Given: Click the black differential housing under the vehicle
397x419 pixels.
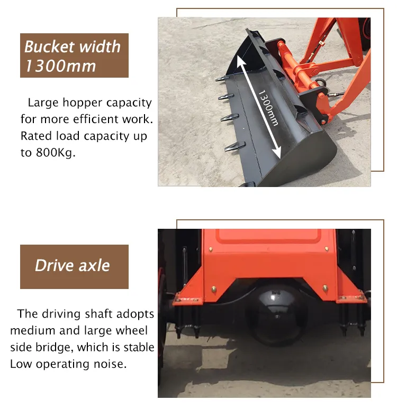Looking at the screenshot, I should point(276,312).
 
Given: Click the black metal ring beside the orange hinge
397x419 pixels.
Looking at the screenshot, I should point(322,82).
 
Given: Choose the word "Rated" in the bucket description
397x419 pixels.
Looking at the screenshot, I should point(36,136).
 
